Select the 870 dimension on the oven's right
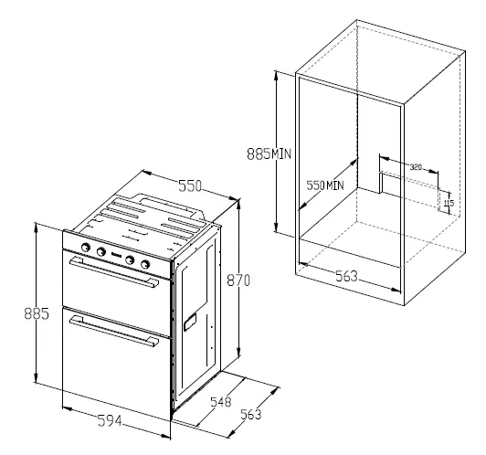tap(238, 281)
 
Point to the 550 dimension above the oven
tap(189, 186)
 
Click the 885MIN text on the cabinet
tap(269, 154)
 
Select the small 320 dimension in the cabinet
tap(416, 167)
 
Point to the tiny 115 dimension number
tap(449, 202)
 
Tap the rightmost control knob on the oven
tap(145, 264)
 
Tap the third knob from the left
tap(132, 260)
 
